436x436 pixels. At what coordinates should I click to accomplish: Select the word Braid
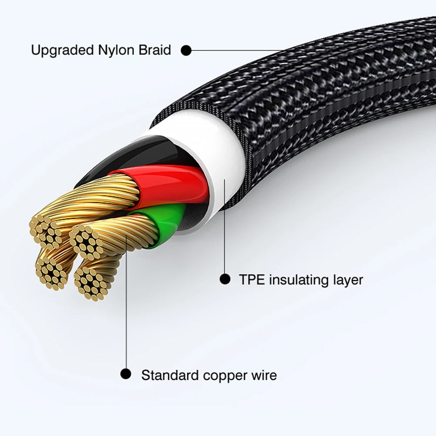click(155, 51)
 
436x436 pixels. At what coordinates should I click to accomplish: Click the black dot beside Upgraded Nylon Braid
click(186, 51)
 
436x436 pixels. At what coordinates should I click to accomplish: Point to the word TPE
click(252, 279)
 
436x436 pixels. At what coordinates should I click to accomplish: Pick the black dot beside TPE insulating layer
click(225, 279)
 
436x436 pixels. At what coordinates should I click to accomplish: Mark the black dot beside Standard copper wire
click(126, 374)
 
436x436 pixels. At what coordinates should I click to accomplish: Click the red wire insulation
click(174, 183)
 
